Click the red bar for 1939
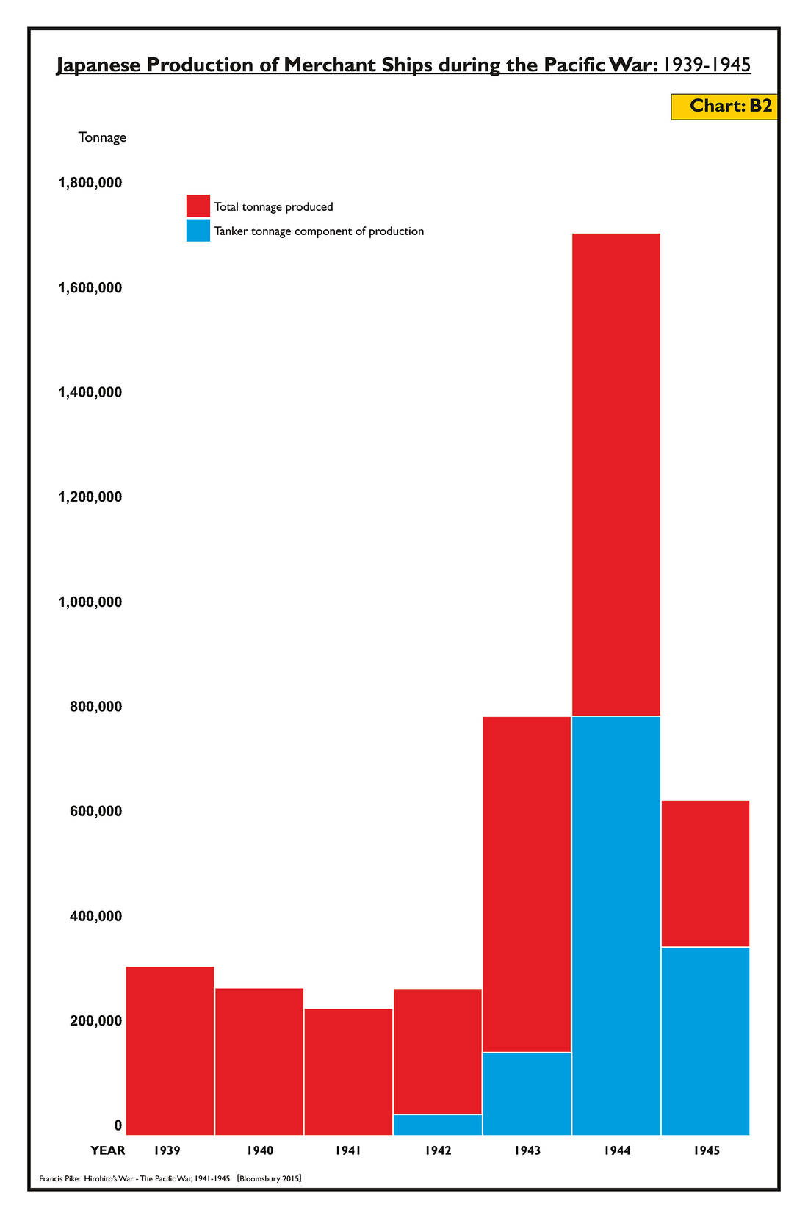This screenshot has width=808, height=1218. click(x=170, y=1050)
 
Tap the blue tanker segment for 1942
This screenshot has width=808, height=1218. click(x=438, y=1124)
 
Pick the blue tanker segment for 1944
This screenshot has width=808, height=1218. click(x=616, y=925)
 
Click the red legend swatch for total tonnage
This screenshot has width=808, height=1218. click(x=198, y=206)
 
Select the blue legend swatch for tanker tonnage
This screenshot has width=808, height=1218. click(x=198, y=231)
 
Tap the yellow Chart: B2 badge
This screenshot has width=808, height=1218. click(x=724, y=107)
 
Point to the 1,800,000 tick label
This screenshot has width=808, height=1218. click(x=90, y=182)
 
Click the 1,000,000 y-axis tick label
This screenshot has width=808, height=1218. click(x=90, y=602)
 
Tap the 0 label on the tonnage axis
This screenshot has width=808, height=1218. click(x=118, y=1125)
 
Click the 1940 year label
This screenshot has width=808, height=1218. click(x=260, y=1150)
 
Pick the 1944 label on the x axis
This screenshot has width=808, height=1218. click(x=617, y=1150)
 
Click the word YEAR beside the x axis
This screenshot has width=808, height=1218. click(x=108, y=1150)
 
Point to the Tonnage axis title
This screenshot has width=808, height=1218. click(x=102, y=137)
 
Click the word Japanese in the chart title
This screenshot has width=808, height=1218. click(x=99, y=65)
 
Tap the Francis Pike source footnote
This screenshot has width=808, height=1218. click(x=170, y=1178)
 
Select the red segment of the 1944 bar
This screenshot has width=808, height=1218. click(x=616, y=474)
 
